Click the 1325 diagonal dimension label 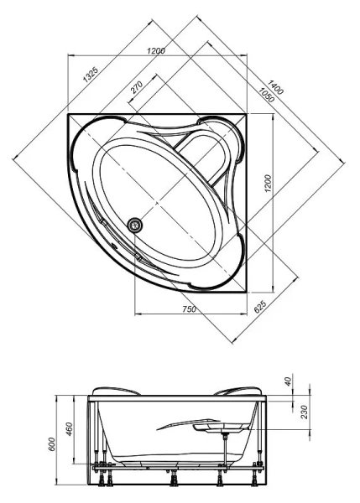coord(91,75)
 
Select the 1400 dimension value coord(275,87)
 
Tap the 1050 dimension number coord(267,95)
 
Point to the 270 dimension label coord(136,87)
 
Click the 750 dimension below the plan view coord(189,309)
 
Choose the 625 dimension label coord(260,307)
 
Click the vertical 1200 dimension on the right coord(269,183)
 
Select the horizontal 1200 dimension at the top coord(156,50)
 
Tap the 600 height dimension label coord(52,444)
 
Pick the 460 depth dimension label coord(70,429)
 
